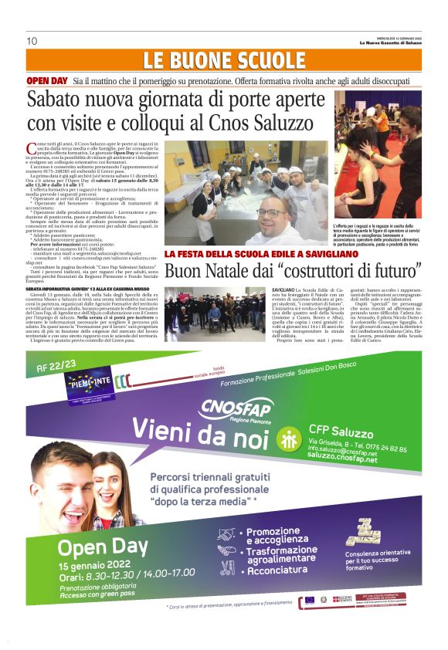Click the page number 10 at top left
coord(32,41)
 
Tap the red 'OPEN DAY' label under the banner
coord(48,80)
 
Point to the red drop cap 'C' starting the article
coord(30,147)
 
